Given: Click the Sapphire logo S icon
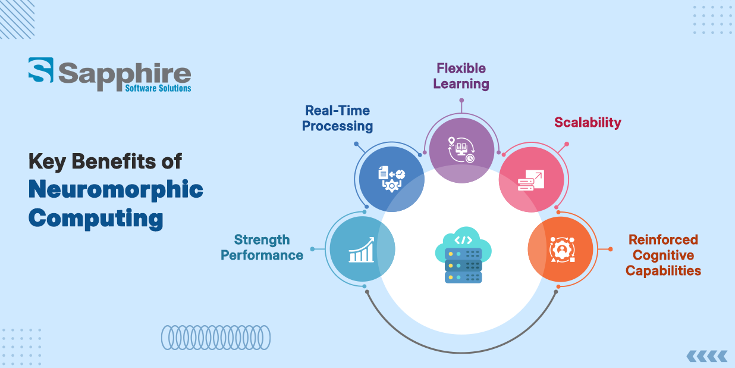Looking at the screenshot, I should pos(40,70).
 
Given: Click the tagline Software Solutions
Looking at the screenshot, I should pos(158,88).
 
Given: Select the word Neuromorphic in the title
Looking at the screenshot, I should pos(116,189).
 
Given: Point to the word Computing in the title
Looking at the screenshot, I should pos(96,218).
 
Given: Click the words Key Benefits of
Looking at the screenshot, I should pos(105,161).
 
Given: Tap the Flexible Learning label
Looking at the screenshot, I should pos(461,76).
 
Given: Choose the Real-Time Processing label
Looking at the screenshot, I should pos(337,118).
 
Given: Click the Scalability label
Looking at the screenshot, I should pos(588,123).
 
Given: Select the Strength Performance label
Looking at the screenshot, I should pos(262,247).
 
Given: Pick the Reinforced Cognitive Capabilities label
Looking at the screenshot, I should pos(664,255).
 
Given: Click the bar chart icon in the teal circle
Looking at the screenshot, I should pos(362,250).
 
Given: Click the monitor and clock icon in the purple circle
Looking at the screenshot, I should pos(461,151).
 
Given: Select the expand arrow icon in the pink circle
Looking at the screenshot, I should pos(530,180).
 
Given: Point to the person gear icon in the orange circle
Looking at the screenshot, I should pos(560,250).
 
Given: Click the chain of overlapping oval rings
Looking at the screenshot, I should pos(216,337).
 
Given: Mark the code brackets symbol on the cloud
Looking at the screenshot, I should pos(463,241).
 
